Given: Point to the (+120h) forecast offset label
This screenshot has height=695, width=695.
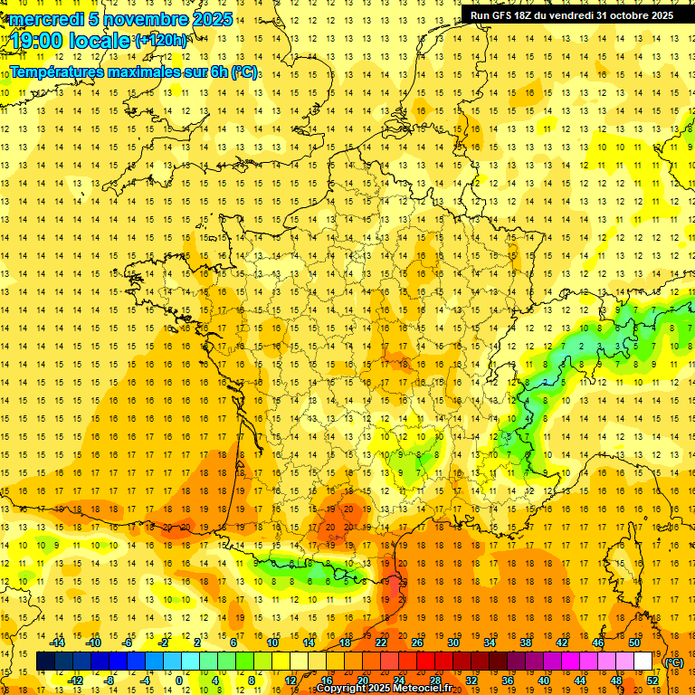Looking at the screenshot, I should pyautogui.click(x=162, y=41).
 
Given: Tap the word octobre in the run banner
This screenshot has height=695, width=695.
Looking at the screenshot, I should pyautogui.click(x=616, y=15).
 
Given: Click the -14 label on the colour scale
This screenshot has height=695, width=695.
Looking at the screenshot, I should pyautogui.click(x=58, y=643).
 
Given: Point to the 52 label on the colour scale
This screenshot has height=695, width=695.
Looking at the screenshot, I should pyautogui.click(x=652, y=681).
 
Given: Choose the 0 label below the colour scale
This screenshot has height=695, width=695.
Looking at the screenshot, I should pyautogui.click(x=179, y=681).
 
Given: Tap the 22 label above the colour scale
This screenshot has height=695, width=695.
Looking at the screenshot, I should pyautogui.click(x=381, y=643).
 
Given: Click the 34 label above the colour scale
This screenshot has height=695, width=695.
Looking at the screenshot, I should pyautogui.click(x=490, y=643).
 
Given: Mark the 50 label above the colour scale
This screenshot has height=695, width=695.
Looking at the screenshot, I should pyautogui.click(x=634, y=643).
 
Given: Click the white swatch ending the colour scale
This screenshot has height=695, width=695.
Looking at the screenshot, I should pyautogui.click(x=643, y=662).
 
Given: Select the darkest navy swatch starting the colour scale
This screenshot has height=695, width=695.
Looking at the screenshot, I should pyautogui.click(x=45, y=662).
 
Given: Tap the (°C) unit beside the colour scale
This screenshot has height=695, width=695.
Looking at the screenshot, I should pyautogui.click(x=673, y=662).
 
